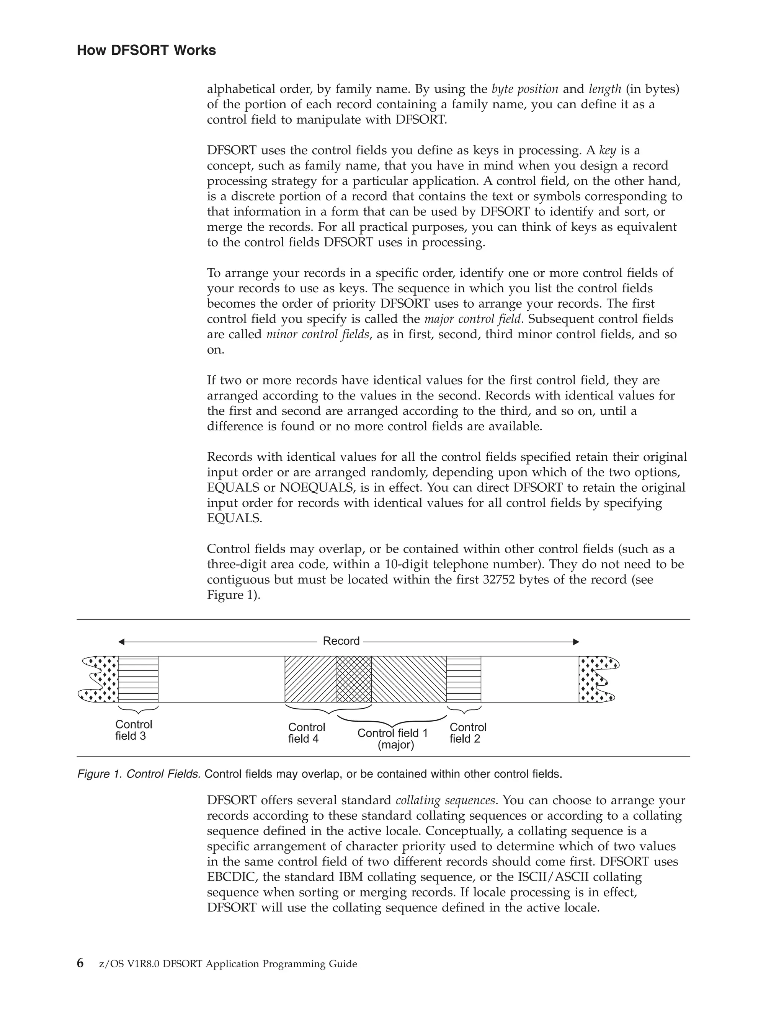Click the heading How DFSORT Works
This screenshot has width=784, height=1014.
coord(146,50)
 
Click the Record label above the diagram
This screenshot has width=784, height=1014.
coord(341,641)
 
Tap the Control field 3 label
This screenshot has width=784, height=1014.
coord(133,730)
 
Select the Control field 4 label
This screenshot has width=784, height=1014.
coord(306,733)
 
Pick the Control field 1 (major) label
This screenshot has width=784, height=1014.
coord(392,738)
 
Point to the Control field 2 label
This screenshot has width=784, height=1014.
coord(467,733)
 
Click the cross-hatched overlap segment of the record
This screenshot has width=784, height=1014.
coord(354,679)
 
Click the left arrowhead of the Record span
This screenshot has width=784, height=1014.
coord(121,642)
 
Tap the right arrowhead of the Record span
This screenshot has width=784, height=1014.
coord(577,642)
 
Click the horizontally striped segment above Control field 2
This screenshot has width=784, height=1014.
coord(464,679)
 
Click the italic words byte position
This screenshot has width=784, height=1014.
coord(525,89)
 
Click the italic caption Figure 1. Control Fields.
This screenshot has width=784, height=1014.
coord(139,774)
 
